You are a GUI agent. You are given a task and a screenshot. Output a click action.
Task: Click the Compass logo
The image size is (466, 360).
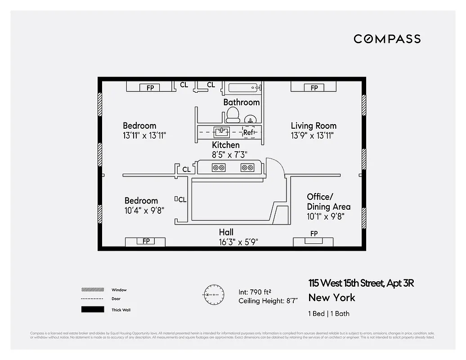click(x=387, y=39)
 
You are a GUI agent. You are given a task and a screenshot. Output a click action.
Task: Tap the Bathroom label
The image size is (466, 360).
click(x=242, y=102)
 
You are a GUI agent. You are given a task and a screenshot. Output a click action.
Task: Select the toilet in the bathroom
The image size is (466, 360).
click(x=233, y=115)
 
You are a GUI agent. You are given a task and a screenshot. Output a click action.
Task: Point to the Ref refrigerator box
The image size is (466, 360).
click(x=249, y=132)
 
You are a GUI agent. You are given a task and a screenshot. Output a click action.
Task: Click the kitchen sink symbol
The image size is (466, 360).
click(x=222, y=132)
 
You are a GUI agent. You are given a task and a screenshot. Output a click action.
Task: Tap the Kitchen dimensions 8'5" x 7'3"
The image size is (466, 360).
click(x=226, y=154)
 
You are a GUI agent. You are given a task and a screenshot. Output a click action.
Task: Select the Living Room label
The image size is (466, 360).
click(x=314, y=126)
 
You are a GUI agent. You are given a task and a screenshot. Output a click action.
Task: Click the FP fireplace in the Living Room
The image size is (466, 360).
click(x=314, y=87)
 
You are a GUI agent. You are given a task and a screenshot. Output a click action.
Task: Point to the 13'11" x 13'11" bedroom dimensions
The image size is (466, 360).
click(x=145, y=135)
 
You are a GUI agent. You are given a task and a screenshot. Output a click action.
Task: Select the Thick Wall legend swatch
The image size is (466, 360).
click(x=93, y=310)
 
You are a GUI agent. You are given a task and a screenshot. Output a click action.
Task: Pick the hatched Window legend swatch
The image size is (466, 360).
click(x=93, y=290)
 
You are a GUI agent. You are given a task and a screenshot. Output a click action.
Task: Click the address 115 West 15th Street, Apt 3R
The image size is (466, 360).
click(x=361, y=283)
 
